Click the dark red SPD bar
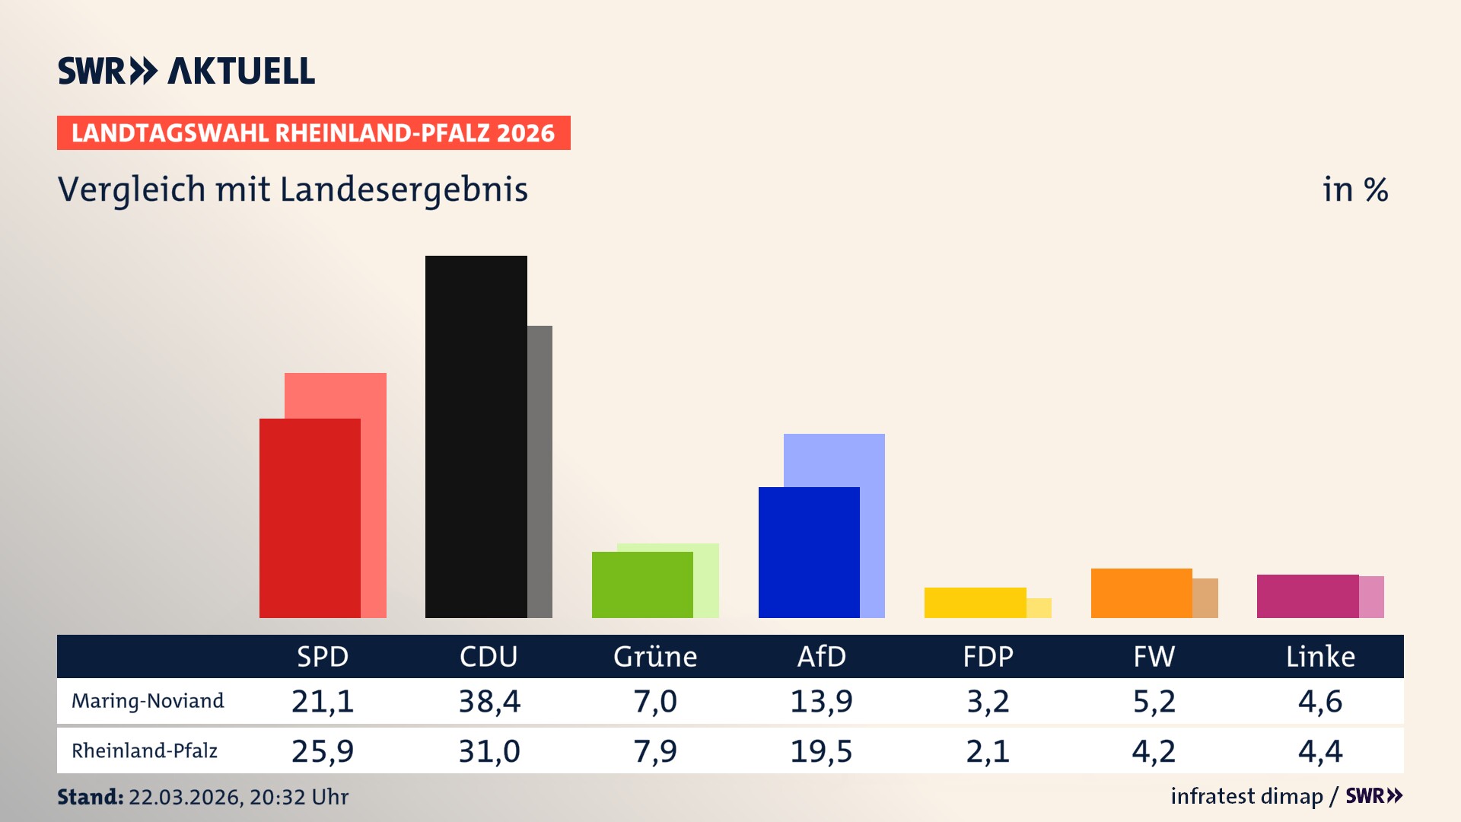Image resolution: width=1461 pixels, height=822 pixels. point(310,518)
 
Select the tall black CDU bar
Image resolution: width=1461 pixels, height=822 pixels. point(476,436)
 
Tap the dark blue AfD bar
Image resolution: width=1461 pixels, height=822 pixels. point(809,552)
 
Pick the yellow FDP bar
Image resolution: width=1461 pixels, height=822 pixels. point(975,602)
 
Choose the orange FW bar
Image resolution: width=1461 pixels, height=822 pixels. point(1141,593)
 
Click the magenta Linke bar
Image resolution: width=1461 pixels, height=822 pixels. point(1307,596)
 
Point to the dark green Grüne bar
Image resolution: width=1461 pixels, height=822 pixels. point(642,585)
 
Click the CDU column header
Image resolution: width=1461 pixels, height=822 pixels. point(489,657)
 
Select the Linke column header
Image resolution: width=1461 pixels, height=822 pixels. point(1320,657)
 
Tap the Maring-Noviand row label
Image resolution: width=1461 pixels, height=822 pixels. point(148,701)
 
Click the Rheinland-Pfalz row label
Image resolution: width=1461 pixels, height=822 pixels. point(145,751)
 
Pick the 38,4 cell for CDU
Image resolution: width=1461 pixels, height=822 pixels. point(489,701)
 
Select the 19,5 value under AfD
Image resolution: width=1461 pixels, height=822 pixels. point(821,751)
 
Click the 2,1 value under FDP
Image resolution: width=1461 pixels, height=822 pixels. point(988,751)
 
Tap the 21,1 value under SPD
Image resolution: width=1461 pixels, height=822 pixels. point(323,701)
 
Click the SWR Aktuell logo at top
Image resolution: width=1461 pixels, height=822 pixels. point(186,71)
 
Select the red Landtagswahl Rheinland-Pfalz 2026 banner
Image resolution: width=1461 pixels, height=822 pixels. point(314,133)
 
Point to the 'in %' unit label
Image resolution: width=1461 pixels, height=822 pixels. point(1354,190)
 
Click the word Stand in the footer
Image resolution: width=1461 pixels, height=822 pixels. point(90,797)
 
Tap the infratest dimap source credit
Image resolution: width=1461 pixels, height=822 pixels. point(1246,796)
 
